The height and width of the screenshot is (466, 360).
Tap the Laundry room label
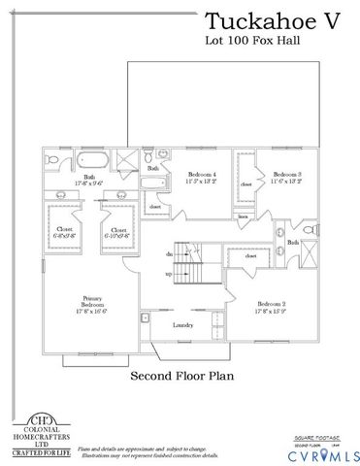pos(180,325)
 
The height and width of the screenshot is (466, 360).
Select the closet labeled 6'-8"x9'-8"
pos(64,232)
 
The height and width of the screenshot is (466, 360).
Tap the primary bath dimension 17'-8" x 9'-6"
pos(89,182)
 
